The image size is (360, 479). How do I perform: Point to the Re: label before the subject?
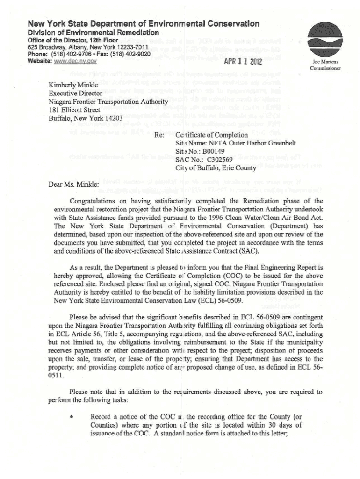pyautogui.click(x=159, y=135)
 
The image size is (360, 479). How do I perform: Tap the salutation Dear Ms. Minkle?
pyautogui.click(x=74, y=184)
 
